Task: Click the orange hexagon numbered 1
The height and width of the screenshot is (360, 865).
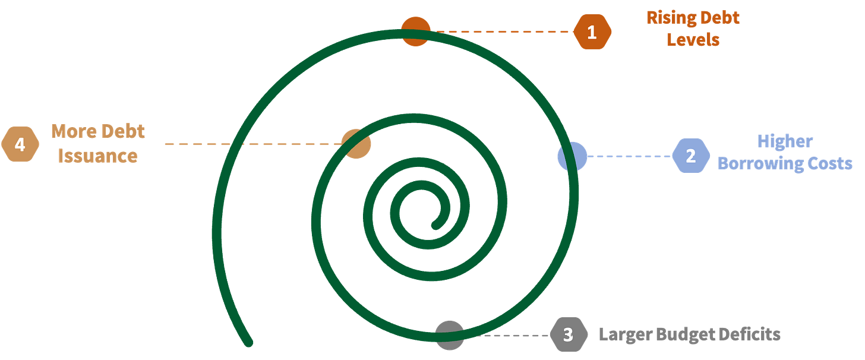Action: tap(592, 32)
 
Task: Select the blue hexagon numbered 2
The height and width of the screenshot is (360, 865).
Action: tap(691, 156)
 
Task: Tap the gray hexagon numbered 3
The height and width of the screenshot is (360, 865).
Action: tap(568, 334)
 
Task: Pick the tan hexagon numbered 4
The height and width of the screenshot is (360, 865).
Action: tap(20, 144)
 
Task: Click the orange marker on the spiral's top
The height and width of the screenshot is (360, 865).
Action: tap(416, 31)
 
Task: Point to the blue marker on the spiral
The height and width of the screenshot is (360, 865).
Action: tap(572, 156)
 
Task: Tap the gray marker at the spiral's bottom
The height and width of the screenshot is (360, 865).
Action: tap(450, 334)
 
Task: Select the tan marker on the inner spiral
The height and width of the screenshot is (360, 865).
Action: tap(357, 144)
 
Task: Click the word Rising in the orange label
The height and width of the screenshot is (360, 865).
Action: tap(666, 18)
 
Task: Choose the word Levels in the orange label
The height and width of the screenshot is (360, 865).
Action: tap(693, 39)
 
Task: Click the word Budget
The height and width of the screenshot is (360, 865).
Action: tap(680, 334)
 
